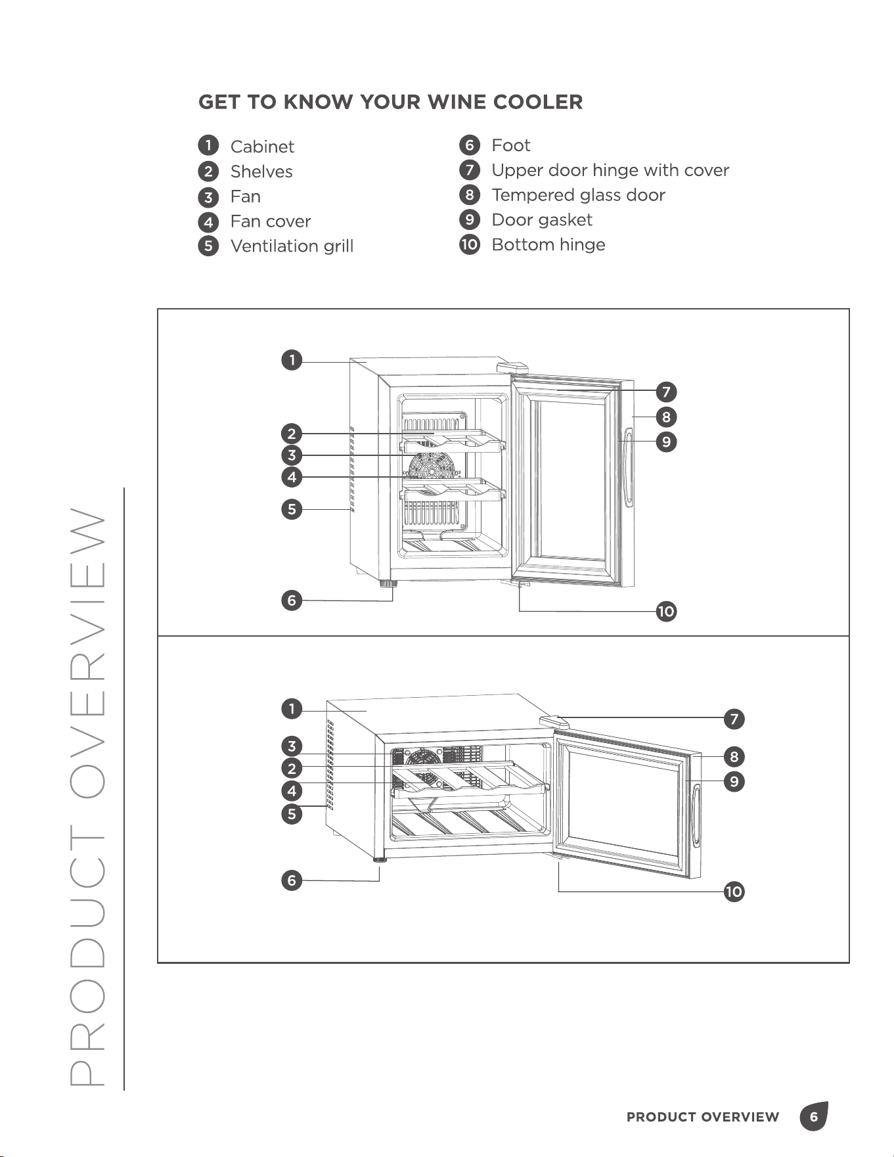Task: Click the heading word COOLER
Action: click(537, 102)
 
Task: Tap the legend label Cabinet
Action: click(262, 147)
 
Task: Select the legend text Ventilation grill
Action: click(292, 246)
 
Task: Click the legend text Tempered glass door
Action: click(578, 195)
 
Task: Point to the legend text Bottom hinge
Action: click(548, 244)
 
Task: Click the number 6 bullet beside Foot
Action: click(469, 145)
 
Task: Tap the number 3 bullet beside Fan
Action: click(208, 196)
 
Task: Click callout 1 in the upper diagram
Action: click(292, 360)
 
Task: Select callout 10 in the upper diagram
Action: click(666, 612)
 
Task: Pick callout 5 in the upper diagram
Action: click(292, 509)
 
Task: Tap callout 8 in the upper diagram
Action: click(666, 417)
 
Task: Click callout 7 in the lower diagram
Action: click(734, 719)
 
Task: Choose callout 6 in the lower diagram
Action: click(292, 880)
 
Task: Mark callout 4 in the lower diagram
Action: click(292, 791)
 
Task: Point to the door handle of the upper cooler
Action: click(629, 466)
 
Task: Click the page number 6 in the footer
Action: click(814, 1117)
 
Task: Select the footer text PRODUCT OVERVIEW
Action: click(703, 1117)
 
